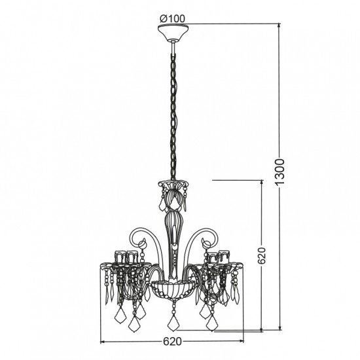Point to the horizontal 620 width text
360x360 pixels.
171,341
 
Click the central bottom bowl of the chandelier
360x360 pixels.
173,288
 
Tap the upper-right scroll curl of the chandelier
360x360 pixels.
209,236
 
